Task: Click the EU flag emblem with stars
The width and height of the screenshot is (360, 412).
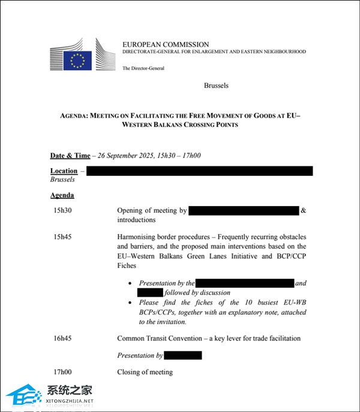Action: tap(78, 59)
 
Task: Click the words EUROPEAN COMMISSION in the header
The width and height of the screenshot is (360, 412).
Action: tap(166, 44)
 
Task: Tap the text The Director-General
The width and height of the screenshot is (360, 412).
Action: tap(143, 68)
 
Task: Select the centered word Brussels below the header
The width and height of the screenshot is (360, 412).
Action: tap(216, 85)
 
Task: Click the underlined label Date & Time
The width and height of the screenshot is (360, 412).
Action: tap(70, 156)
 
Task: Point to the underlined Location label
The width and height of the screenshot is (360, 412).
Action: tap(64, 171)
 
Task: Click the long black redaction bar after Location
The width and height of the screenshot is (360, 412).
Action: tap(200, 171)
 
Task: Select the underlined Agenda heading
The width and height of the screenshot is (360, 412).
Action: tap(62, 195)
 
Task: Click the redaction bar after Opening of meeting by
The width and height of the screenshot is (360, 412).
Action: tap(244, 211)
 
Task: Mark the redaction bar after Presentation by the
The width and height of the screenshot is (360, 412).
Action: tap(245, 283)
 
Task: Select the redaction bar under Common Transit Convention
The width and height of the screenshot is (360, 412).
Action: tap(183, 356)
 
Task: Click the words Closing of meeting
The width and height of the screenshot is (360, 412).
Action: tap(145, 372)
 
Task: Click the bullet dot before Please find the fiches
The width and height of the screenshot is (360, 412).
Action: tap(130, 303)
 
